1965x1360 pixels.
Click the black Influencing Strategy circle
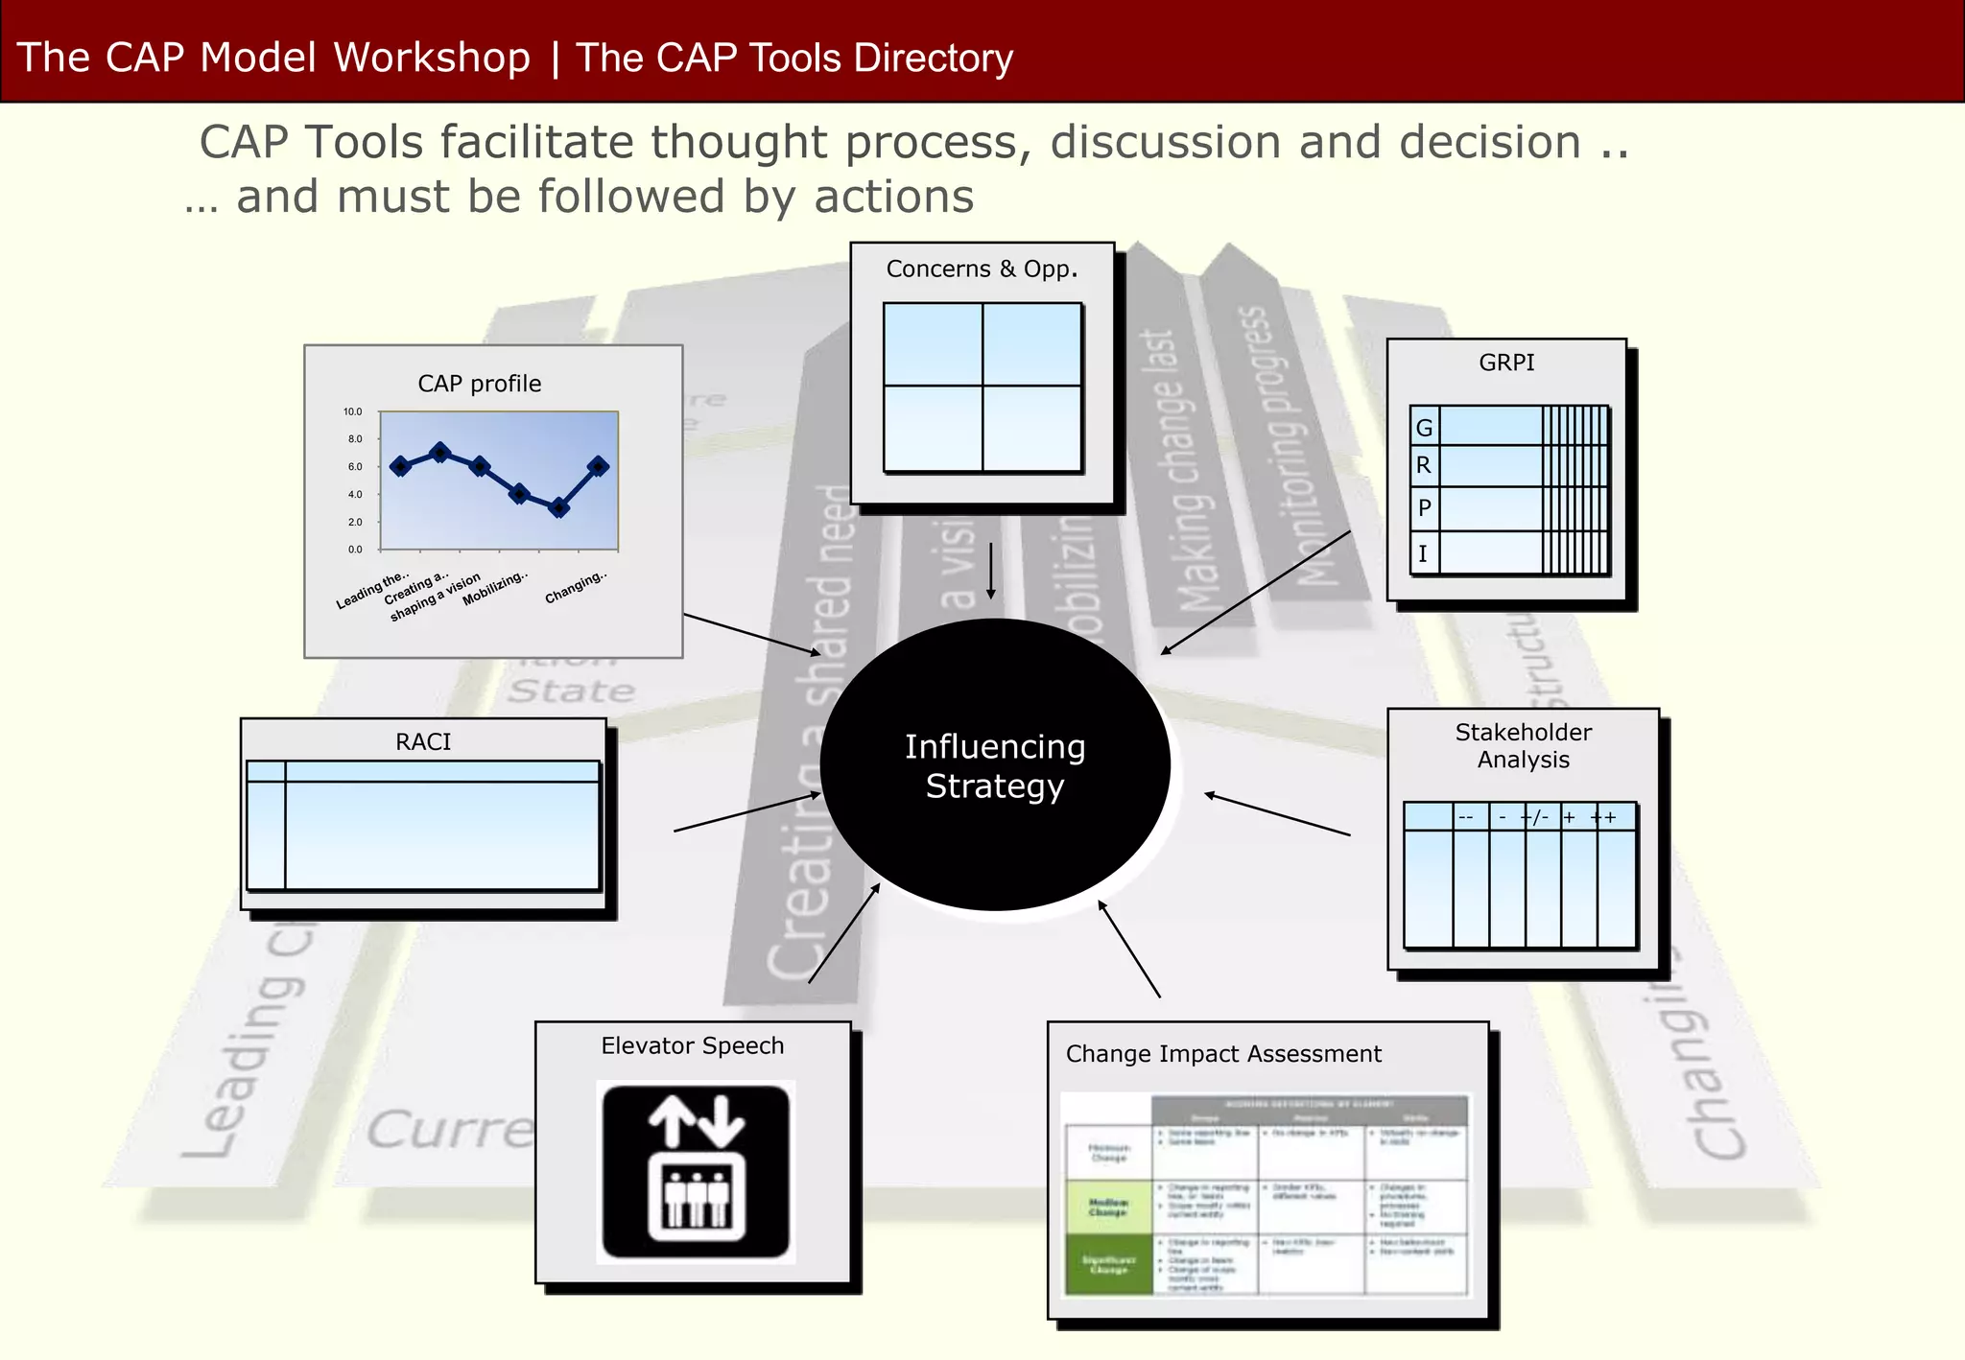coord(995,764)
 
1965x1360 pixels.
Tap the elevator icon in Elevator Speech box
coord(696,1172)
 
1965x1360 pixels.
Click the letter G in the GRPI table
coord(1424,428)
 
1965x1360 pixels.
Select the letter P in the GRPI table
coord(1424,508)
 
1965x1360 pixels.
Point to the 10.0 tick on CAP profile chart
coord(353,412)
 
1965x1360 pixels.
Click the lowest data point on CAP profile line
coord(559,507)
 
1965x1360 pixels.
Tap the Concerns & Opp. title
coord(982,270)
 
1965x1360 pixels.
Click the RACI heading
coord(423,742)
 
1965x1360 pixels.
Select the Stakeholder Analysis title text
coord(1523,746)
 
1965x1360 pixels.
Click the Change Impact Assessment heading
coord(1223,1054)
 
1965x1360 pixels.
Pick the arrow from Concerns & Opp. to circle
coord(991,571)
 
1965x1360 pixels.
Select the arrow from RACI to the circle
coord(747,811)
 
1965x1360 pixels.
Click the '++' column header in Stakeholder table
coord(1603,817)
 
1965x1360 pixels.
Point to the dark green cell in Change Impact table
coord(1108,1264)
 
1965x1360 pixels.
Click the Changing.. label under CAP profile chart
coord(576,587)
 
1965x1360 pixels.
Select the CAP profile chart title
coord(479,385)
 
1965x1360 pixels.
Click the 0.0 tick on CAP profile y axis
coord(355,550)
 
